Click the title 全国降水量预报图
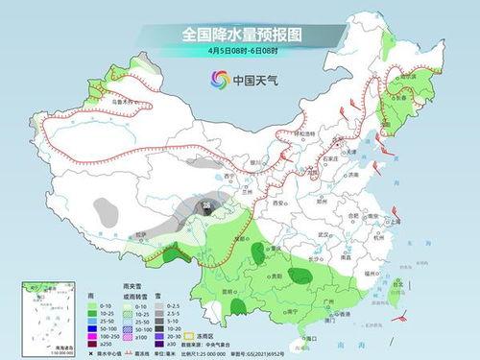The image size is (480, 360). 239,35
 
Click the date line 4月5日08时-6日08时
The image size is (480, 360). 240,52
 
